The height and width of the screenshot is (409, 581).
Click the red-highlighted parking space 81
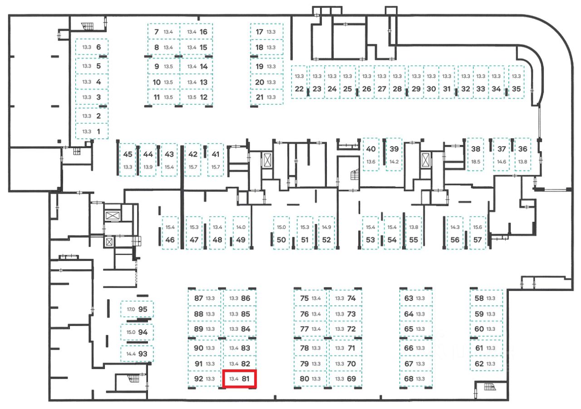240,379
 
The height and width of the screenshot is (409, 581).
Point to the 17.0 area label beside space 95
131,309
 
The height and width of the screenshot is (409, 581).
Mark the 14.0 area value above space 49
241,227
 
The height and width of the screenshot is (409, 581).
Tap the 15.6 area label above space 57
478,227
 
